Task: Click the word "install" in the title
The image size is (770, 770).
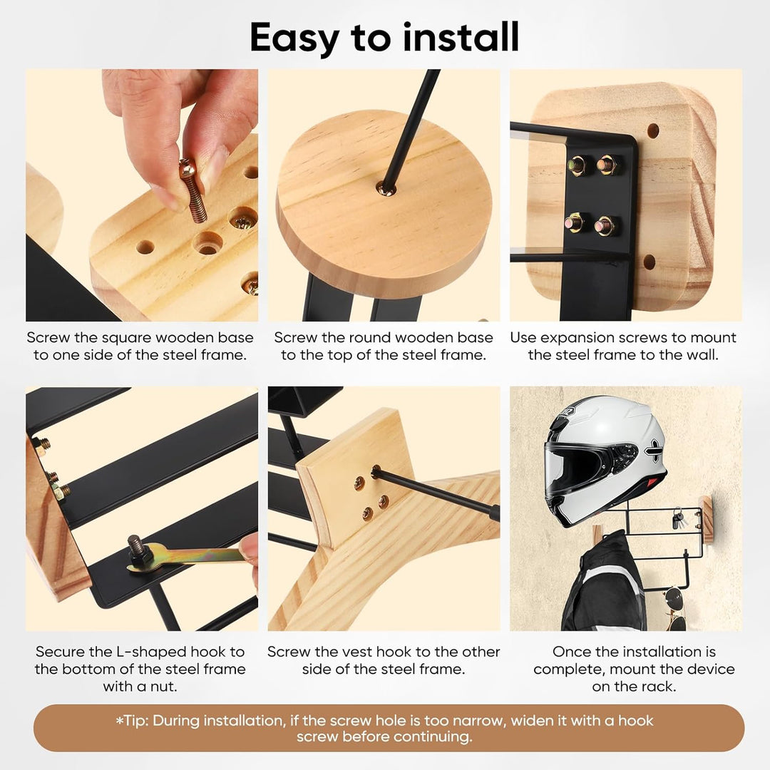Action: (461, 37)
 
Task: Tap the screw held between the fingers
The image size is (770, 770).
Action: (192, 190)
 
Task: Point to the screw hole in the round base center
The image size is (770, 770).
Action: (385, 188)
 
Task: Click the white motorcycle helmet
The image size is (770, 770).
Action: (605, 460)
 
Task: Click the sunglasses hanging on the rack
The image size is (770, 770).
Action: (674, 610)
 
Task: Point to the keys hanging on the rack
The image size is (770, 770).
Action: (677, 518)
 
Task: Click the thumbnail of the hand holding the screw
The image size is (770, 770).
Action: (142, 195)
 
